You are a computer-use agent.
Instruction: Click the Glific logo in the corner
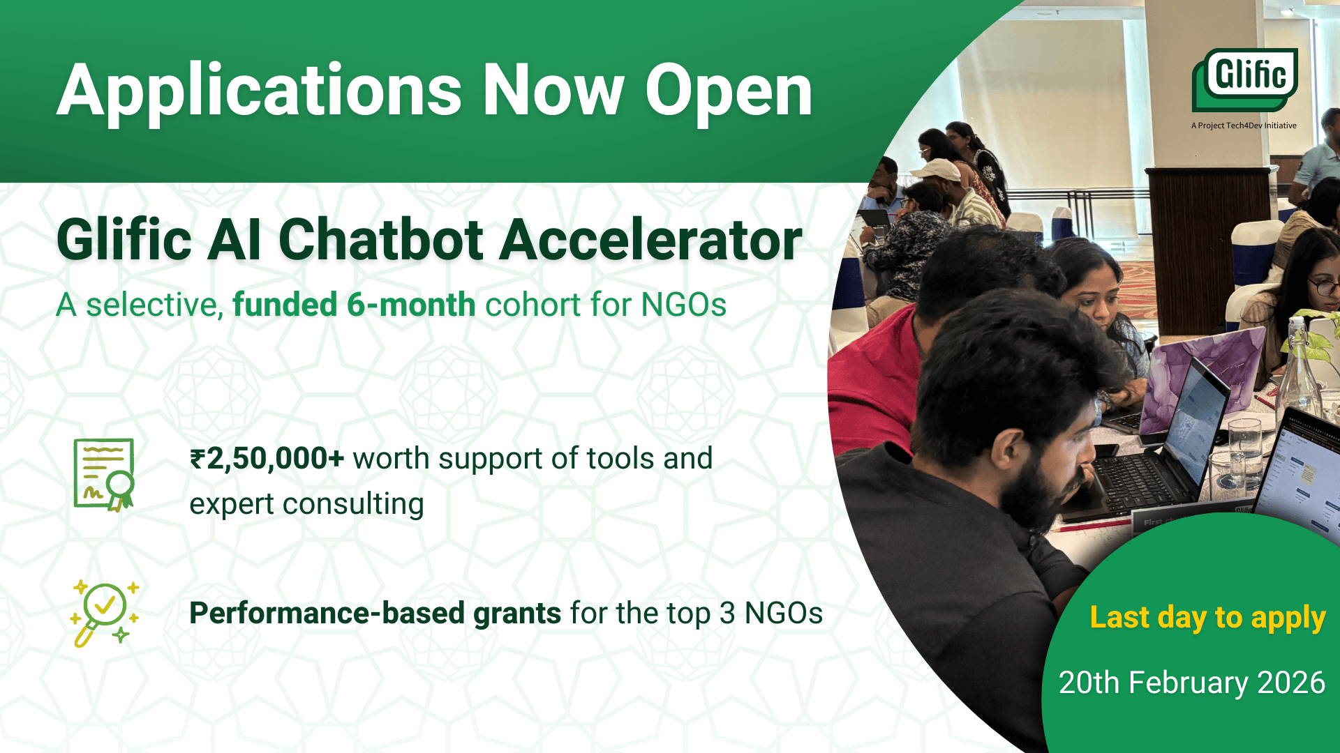pos(1244,79)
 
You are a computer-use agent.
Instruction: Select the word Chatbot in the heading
pos(381,240)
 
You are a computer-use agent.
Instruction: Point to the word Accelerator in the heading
pos(651,240)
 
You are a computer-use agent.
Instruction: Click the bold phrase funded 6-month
pos(354,305)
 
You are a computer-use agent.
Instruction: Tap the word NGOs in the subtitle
pos(684,305)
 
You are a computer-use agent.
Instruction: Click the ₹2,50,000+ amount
pos(267,459)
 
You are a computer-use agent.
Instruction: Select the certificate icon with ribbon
pos(104,475)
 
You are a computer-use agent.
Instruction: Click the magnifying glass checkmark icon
pos(105,613)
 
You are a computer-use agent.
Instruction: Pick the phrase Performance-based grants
pos(375,614)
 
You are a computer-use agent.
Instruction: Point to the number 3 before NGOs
pos(727,614)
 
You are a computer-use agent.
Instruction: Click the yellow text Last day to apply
pos(1207,618)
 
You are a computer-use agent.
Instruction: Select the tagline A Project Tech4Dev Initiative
pos(1244,125)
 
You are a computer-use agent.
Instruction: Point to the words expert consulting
pos(306,504)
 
